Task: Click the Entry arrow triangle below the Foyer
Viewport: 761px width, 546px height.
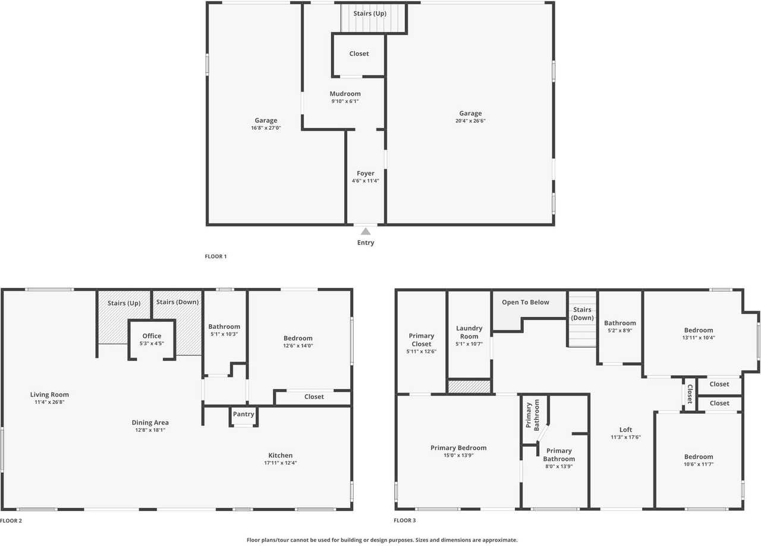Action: click(x=366, y=231)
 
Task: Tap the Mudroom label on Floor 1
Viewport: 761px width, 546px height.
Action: click(x=345, y=93)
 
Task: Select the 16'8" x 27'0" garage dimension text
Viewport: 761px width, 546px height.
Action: click(x=266, y=128)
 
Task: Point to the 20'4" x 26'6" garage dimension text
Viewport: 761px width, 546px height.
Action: click(x=470, y=121)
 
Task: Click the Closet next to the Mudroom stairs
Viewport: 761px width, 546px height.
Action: click(x=359, y=54)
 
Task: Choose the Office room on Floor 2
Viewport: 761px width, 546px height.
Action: click(x=152, y=336)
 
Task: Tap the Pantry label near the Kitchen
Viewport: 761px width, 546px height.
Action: click(x=244, y=414)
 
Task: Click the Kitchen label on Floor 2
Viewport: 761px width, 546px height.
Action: click(x=280, y=456)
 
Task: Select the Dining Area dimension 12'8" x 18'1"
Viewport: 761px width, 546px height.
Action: click(x=150, y=430)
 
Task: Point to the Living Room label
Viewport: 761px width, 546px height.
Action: click(x=49, y=394)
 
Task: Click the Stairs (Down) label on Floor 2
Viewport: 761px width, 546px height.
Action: click(x=177, y=302)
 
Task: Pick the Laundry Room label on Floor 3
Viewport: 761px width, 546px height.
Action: click(x=469, y=332)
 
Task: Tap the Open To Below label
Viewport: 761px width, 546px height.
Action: click(x=526, y=302)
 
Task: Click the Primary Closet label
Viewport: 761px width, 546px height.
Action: click(x=422, y=340)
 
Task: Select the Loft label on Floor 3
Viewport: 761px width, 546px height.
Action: click(x=625, y=429)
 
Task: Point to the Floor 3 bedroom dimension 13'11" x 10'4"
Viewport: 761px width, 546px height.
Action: click(x=698, y=338)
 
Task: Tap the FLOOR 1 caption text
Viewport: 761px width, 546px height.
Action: click(x=216, y=256)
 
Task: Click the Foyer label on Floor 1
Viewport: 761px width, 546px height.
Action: click(x=366, y=174)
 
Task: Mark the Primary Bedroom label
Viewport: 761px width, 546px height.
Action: click(x=458, y=448)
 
